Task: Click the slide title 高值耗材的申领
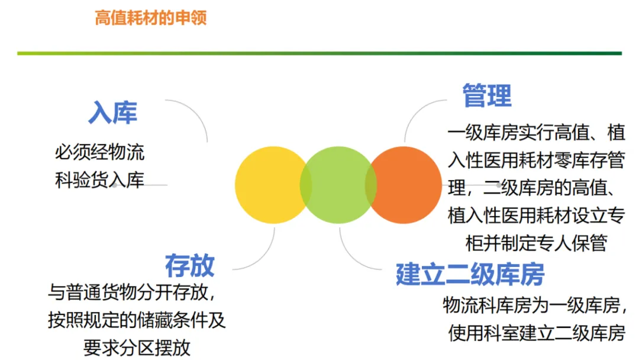point(150,18)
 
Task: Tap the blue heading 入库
point(112,112)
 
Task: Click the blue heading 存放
point(189,266)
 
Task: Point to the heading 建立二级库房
point(470,274)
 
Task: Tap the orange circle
point(408,185)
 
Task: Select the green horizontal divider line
point(319,53)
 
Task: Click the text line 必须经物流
point(99,153)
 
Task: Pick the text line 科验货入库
point(99,180)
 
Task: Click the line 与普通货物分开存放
point(131,292)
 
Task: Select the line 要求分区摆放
point(137,348)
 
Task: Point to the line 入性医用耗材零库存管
point(536,160)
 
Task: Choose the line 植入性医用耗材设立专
point(536,215)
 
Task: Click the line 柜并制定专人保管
point(536,243)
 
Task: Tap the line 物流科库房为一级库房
point(534,306)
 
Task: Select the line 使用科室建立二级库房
point(536,333)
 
